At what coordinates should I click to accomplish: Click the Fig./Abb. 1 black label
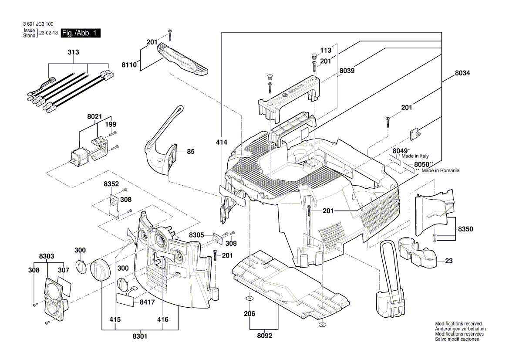coord(81,34)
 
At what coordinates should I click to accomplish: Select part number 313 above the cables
coord(74,52)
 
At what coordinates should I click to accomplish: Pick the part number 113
coord(326,50)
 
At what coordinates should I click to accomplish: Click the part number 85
coord(191,152)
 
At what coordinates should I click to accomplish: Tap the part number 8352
coord(111,184)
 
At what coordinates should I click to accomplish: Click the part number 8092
coord(264,336)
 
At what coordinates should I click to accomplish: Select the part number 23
coord(449,262)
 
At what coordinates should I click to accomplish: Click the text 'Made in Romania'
coord(440,171)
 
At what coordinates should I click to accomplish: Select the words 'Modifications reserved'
coord(458,324)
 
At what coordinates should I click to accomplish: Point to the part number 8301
coord(139,336)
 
